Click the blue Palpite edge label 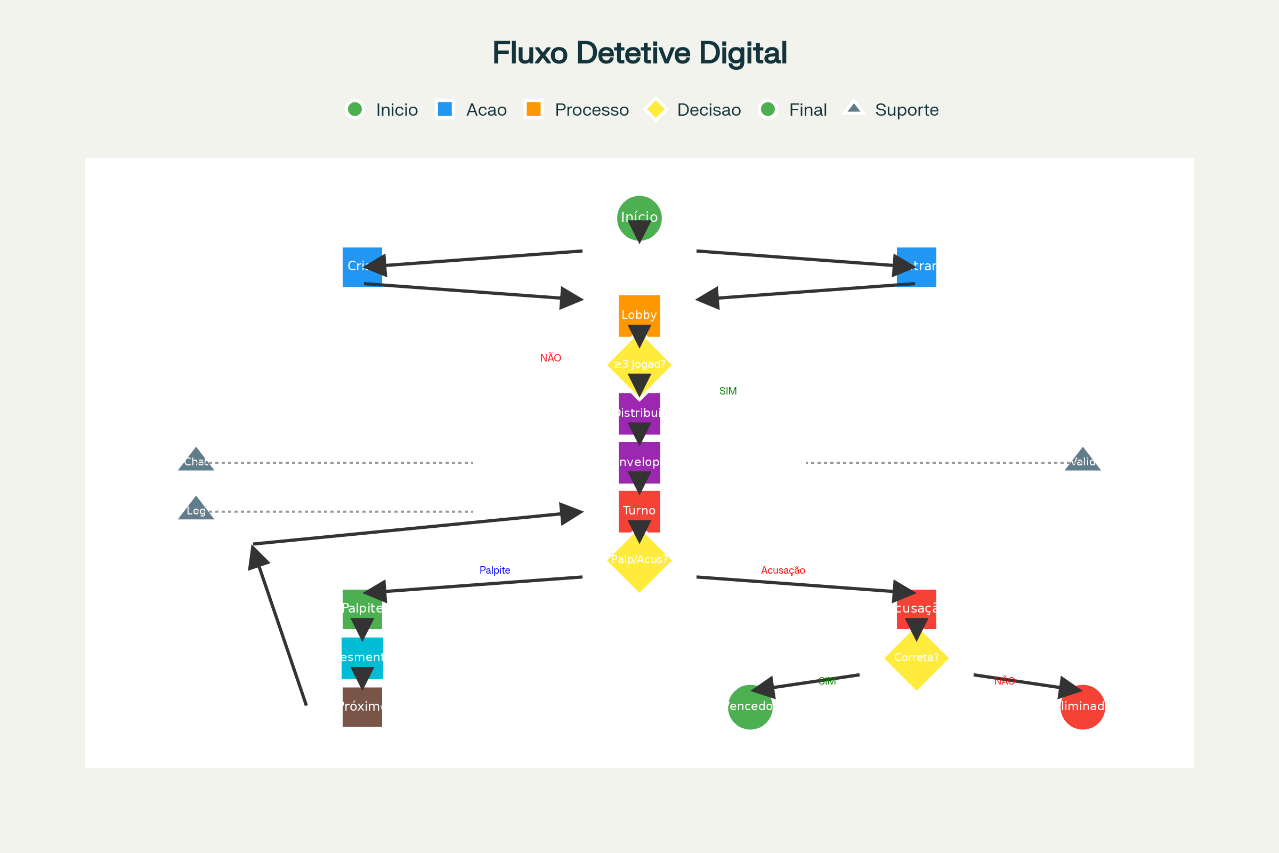pos(495,570)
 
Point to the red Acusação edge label pos(783,570)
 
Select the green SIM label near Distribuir pos(727,391)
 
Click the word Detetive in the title pos(634,53)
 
